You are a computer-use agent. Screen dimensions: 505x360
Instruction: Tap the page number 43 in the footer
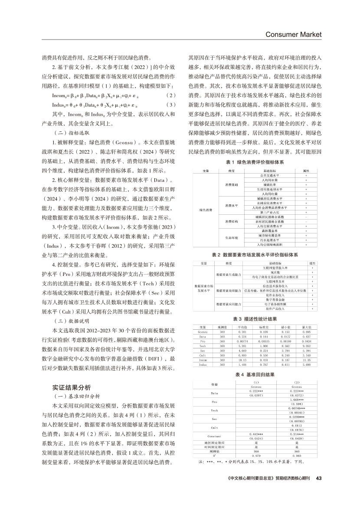tap(318, 479)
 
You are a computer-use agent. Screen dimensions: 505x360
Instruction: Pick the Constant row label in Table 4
tap(214, 435)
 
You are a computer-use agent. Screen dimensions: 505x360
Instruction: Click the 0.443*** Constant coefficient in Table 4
tap(255, 433)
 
